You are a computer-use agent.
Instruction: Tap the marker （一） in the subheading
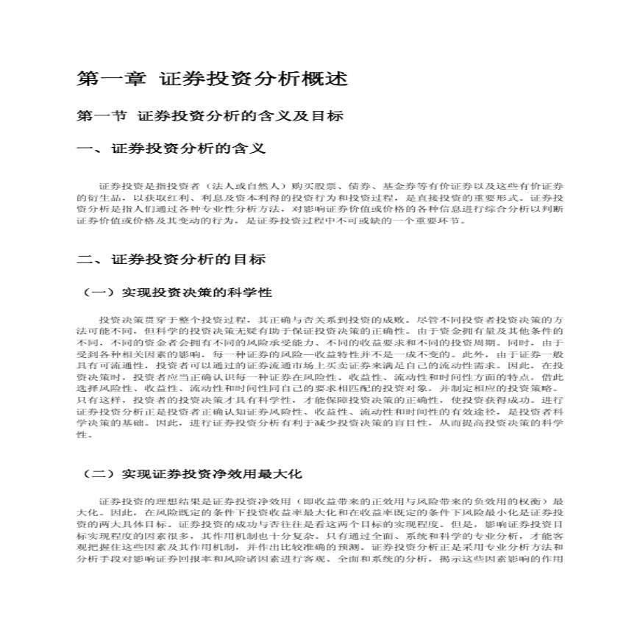point(97,293)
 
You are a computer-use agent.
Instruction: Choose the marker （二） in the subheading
point(97,474)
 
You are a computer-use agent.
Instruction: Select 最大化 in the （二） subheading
point(285,474)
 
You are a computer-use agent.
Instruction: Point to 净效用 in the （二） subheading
point(246,474)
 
